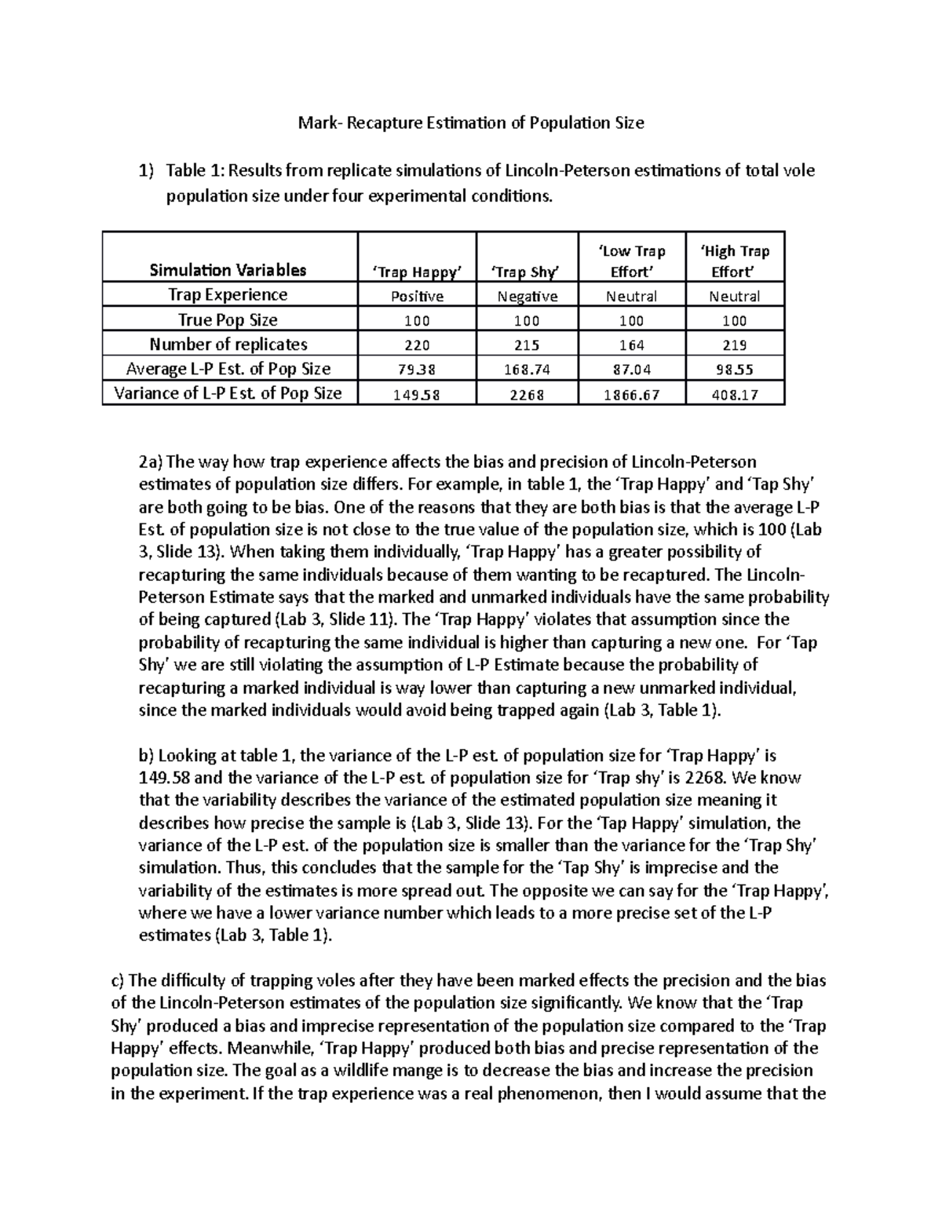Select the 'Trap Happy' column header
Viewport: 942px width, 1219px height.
(417, 272)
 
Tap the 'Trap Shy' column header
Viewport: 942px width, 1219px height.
(527, 272)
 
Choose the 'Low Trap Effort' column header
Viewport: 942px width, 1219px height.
(631, 261)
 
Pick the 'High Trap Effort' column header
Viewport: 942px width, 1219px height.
(735, 261)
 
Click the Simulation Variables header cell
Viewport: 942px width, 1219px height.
(228, 270)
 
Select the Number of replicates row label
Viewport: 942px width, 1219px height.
(228, 344)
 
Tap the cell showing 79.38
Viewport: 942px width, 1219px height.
(417, 369)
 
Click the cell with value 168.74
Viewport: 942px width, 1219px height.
(527, 369)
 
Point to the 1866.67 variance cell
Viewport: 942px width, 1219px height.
(631, 394)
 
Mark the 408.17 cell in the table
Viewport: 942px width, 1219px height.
(735, 394)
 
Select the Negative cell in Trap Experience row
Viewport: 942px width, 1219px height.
(527, 296)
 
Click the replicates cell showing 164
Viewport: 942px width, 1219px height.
(631, 345)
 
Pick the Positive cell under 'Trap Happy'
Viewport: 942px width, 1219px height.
(417, 296)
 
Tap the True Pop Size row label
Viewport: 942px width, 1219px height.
(228, 319)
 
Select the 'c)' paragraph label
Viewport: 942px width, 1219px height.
(119, 980)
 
